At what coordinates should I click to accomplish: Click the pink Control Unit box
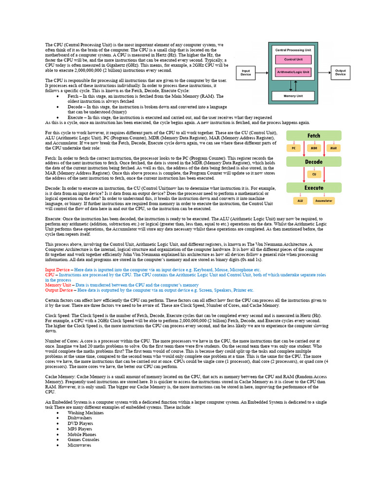pyautogui.click(x=293, y=60)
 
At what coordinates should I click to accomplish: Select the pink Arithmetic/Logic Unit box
pyautogui.click(x=293, y=71)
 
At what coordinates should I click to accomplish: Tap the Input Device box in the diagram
pyautogui.click(x=246, y=72)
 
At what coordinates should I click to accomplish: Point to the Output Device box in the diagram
pyautogui.click(x=340, y=72)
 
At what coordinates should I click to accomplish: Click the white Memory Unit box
pyautogui.click(x=293, y=96)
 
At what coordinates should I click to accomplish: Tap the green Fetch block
pyautogui.click(x=314, y=136)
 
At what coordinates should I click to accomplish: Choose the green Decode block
pyautogui.click(x=314, y=162)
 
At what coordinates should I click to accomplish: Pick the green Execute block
pyautogui.click(x=314, y=188)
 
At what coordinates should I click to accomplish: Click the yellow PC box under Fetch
pyautogui.click(x=293, y=148)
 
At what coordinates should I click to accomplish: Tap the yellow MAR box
pyautogui.click(x=334, y=148)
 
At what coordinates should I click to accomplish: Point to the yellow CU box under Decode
pyautogui.click(x=314, y=174)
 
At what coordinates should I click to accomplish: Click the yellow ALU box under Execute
pyautogui.click(x=300, y=200)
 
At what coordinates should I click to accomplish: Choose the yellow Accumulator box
pyautogui.click(x=323, y=200)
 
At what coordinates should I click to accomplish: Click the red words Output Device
pyautogui.click(x=57, y=290)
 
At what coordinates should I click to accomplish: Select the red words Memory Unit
pyautogui.click(x=57, y=285)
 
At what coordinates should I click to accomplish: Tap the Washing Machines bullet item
pyautogui.click(x=86, y=412)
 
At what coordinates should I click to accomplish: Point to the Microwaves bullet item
pyautogui.click(x=79, y=445)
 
